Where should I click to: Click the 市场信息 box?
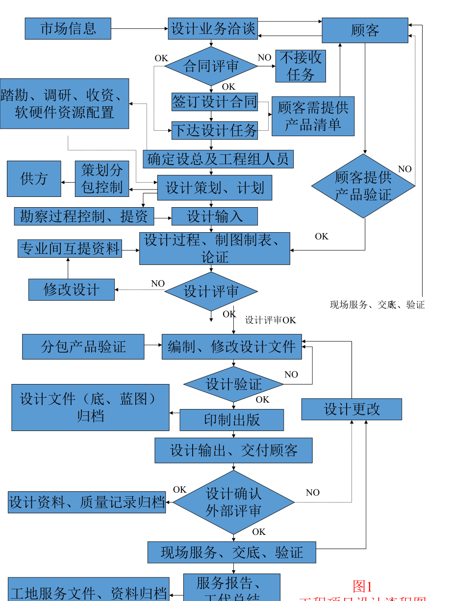68,28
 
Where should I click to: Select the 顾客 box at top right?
365,30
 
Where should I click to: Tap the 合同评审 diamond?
211,66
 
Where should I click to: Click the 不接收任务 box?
301,66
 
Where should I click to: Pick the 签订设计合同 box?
214,102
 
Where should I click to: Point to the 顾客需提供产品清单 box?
313,116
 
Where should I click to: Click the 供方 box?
34,179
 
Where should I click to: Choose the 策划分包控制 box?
101,179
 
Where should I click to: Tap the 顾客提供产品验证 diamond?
363,186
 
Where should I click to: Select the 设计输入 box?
214,216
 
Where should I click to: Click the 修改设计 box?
72,289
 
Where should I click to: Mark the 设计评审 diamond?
211,291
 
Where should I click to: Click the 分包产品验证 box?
83,347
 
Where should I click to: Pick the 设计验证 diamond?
233,385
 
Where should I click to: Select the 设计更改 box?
351,409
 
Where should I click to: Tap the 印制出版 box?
231,420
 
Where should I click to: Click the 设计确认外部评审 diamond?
233,502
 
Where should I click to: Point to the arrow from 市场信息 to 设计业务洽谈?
139,29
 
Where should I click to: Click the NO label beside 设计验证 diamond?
291,375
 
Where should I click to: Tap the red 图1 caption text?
363,586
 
